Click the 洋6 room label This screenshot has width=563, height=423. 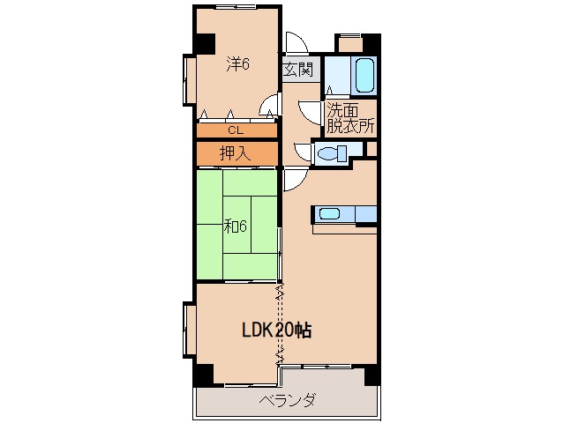click(x=237, y=64)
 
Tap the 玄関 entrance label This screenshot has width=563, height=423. click(x=298, y=70)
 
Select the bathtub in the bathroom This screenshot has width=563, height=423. click(x=364, y=75)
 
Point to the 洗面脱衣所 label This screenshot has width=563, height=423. click(x=351, y=118)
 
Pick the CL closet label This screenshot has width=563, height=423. click(x=236, y=130)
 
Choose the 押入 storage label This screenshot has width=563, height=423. click(x=235, y=153)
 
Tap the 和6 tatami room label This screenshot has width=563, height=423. click(x=236, y=226)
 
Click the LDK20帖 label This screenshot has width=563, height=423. click(x=276, y=330)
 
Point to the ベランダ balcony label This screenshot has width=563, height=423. click(x=288, y=400)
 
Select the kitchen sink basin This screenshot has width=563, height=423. click(x=329, y=214)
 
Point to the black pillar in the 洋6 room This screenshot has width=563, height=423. click(x=205, y=43)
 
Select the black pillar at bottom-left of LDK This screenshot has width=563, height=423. click(x=204, y=375)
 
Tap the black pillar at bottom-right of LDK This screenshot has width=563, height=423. click(x=372, y=375)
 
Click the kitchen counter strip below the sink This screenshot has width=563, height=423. click(x=345, y=229)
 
